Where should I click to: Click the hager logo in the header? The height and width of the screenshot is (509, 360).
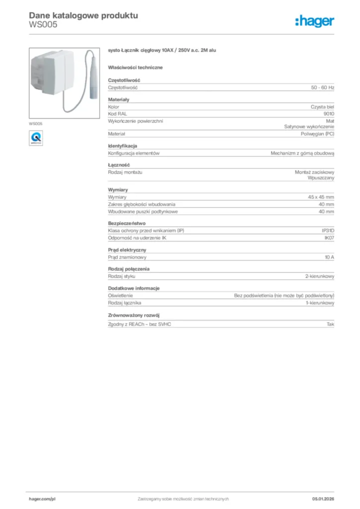[314, 21]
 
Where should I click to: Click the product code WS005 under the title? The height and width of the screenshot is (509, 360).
[40, 25]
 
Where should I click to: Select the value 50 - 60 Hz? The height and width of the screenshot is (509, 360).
[323, 87]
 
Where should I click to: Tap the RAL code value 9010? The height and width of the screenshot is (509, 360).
[329, 114]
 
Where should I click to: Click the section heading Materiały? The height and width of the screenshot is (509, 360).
[118, 99]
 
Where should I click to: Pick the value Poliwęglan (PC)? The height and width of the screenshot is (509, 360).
[317, 134]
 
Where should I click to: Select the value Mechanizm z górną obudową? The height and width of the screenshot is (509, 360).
[302, 154]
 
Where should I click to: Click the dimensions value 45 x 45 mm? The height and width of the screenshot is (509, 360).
[321, 197]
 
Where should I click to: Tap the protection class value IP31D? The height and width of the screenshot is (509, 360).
[328, 231]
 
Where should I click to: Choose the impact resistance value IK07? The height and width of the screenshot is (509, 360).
[329, 238]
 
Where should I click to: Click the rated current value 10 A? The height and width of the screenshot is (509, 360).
[329, 257]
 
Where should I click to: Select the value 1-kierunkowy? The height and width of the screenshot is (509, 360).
[320, 303]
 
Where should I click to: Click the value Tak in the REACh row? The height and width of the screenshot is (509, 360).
[330, 324]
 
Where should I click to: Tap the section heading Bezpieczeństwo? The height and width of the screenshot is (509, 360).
[127, 223]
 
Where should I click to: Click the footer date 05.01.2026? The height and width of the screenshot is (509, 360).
[323, 499]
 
